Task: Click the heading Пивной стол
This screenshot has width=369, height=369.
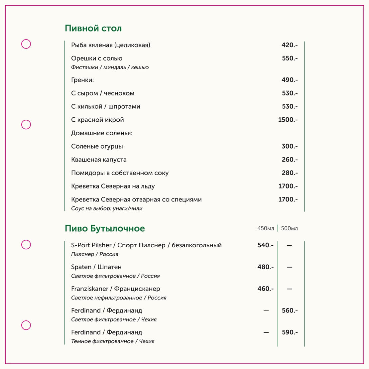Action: (x=93, y=28)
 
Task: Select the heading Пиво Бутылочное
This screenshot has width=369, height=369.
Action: (x=105, y=228)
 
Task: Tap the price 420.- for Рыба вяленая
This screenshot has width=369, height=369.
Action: (x=290, y=45)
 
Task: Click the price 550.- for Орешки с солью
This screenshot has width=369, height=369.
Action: (x=290, y=58)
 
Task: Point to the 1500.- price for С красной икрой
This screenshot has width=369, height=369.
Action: (x=288, y=120)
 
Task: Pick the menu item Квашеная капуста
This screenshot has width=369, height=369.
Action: (x=99, y=160)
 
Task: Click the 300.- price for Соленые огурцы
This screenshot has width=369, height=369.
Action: (x=290, y=146)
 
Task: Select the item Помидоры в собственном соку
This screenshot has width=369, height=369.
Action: (x=120, y=173)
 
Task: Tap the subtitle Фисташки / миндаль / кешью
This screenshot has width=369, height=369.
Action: (x=110, y=67)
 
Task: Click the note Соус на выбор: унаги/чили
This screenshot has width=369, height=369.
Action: (x=107, y=208)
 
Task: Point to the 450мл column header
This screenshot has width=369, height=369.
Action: (x=266, y=228)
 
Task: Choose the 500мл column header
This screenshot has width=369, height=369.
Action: (x=290, y=228)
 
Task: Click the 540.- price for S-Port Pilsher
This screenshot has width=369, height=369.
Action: (x=265, y=245)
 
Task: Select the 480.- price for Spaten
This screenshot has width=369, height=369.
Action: (x=265, y=267)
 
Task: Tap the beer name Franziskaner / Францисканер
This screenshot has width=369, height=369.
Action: (x=115, y=289)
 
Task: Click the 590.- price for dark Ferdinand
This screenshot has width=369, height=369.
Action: (x=290, y=332)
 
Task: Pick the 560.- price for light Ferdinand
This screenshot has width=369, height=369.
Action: (x=290, y=310)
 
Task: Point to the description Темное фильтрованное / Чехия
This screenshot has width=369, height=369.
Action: (x=113, y=341)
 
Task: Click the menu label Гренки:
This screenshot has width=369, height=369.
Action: (x=82, y=80)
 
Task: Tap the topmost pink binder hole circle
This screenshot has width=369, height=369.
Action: (x=26, y=44)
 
